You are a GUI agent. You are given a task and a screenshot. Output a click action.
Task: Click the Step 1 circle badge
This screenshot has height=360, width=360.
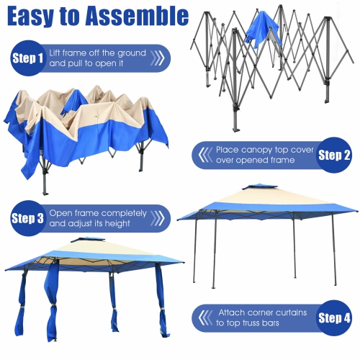coord(27,58)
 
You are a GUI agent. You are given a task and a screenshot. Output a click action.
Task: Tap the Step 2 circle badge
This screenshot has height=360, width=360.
coord(334,155)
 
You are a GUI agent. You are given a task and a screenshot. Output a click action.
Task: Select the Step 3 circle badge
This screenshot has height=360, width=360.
coord(27,218)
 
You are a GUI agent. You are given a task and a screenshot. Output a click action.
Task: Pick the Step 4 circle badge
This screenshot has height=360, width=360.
coord(334,318)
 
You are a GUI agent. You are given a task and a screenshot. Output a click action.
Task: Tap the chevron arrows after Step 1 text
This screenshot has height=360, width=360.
coord(158,58)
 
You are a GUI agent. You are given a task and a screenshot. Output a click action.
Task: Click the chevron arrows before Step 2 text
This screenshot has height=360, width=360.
coord(202,155)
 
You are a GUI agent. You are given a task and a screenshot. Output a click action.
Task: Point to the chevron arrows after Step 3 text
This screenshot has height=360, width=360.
coord(159,219)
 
